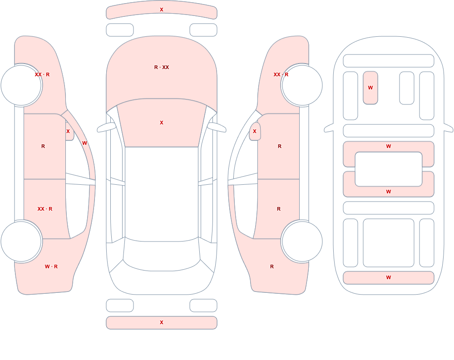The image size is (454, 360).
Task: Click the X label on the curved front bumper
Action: coord(162,10)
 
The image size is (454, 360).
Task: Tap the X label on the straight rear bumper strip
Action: coord(162,322)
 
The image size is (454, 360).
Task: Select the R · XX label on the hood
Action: coord(162,67)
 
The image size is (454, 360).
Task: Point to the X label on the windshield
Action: coord(162,123)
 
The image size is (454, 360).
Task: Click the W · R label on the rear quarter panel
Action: coord(51,266)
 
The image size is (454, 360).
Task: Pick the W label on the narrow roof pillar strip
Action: coord(84,143)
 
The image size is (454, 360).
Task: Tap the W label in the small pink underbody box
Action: coord(370,88)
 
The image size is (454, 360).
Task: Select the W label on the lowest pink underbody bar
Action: coord(389,277)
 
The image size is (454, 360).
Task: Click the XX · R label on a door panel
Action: coord(45,209)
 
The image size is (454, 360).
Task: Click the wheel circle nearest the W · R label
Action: coord(21,242)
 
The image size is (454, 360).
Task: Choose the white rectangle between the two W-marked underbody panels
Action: coord(389,169)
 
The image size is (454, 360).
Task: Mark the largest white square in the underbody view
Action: coord(389,243)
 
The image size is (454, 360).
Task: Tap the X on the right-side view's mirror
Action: coord(255,131)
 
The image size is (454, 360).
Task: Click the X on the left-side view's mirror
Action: coord(68,131)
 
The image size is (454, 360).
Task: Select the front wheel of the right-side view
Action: coord(302,85)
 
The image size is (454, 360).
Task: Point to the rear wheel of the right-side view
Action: coord(302,242)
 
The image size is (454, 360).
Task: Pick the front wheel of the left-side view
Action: coord(21,85)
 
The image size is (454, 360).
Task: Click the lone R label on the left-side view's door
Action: coord(43,146)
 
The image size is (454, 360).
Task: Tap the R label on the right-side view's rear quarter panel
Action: coord(272,266)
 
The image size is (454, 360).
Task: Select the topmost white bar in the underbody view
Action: coord(389,61)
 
